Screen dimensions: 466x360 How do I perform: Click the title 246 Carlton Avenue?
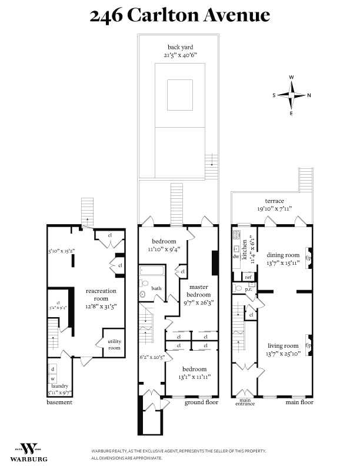(179, 15)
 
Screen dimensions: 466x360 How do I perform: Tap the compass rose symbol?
(292, 95)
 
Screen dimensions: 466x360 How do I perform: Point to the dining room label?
(284, 258)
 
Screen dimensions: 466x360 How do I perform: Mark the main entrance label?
(245, 403)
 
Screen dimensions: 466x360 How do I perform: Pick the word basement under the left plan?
(59, 402)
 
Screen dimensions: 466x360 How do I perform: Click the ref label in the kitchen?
(248, 277)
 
